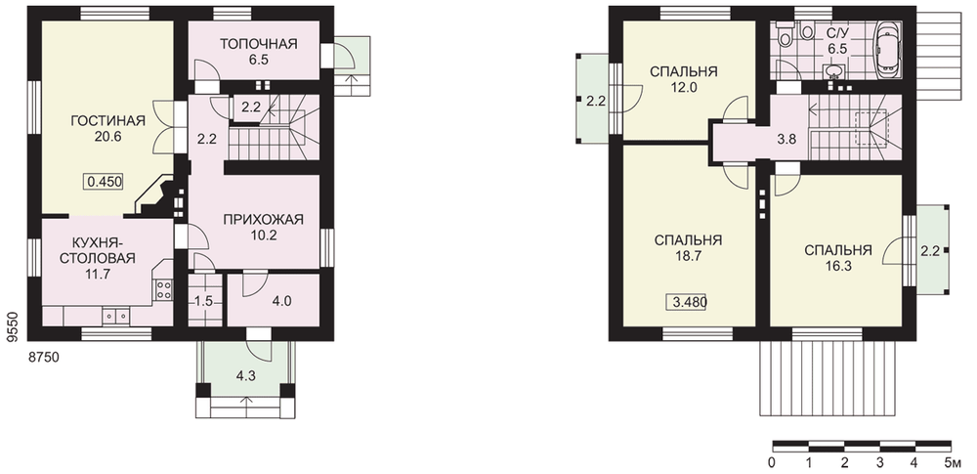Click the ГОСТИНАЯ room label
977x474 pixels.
(x=107, y=120)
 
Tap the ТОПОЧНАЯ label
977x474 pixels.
(x=259, y=44)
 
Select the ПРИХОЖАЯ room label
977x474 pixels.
(x=263, y=220)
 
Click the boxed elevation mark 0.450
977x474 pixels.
(x=105, y=182)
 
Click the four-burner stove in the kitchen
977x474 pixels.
(x=164, y=289)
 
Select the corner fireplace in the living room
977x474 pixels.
(x=157, y=195)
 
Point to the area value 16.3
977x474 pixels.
(x=837, y=266)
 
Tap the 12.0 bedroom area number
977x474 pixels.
(x=684, y=87)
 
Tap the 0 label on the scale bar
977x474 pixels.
(x=772, y=463)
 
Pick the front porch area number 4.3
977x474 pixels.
(x=244, y=376)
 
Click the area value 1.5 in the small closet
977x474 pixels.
(x=204, y=301)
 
